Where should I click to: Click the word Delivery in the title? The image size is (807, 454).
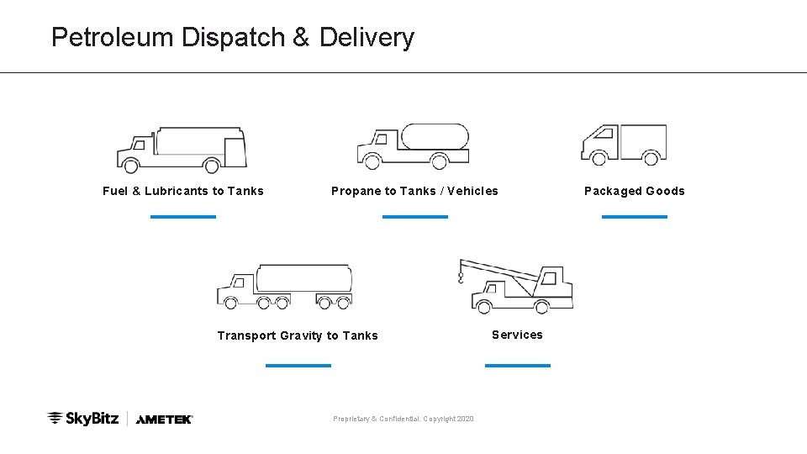click(x=367, y=38)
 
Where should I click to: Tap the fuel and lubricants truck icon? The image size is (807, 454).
click(x=182, y=150)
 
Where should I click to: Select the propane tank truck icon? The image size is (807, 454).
click(x=413, y=145)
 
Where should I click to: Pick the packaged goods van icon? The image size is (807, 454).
click(x=624, y=144)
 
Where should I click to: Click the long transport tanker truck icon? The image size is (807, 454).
click(x=284, y=287)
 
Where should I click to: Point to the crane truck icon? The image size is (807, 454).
click(x=520, y=287)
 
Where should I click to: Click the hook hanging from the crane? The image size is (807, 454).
click(x=461, y=276)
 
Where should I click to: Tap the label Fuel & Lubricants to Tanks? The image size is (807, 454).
click(x=183, y=191)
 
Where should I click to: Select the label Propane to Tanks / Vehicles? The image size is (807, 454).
click(x=414, y=191)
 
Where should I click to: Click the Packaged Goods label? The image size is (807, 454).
click(x=635, y=191)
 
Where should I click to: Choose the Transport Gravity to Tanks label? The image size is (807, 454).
click(x=298, y=335)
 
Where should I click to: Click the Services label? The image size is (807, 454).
click(x=517, y=335)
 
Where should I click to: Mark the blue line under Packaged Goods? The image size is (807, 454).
click(x=635, y=216)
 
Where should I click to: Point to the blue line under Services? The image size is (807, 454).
click(x=518, y=365)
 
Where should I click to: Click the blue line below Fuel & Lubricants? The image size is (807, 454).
click(x=183, y=216)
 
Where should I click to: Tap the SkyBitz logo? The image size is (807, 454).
click(x=82, y=418)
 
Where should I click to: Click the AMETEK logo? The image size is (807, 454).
click(x=165, y=419)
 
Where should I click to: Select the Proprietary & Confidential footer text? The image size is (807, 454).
click(x=403, y=419)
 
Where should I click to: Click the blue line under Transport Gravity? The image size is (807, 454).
click(x=298, y=365)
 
